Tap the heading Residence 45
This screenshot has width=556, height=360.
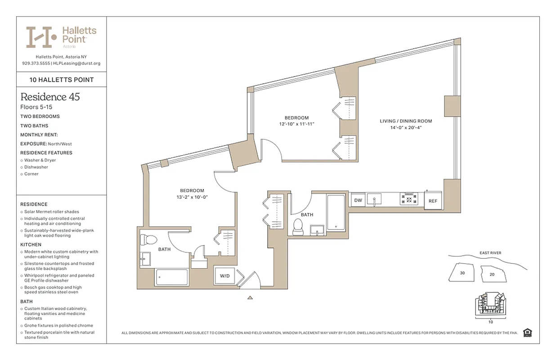(50, 97)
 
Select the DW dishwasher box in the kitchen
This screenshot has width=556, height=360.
(358, 200)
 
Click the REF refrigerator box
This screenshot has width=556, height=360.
(433, 201)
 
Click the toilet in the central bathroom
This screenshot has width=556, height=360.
(298, 227)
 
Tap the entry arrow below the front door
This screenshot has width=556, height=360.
(250, 297)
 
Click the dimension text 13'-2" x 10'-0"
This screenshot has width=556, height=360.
(192, 197)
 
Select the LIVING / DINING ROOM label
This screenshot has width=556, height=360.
(406, 121)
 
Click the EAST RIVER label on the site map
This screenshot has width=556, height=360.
(490, 253)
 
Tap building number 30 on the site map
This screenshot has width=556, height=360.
(462, 273)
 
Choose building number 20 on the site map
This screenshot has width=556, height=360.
(492, 274)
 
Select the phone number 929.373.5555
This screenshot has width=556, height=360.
(36, 63)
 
